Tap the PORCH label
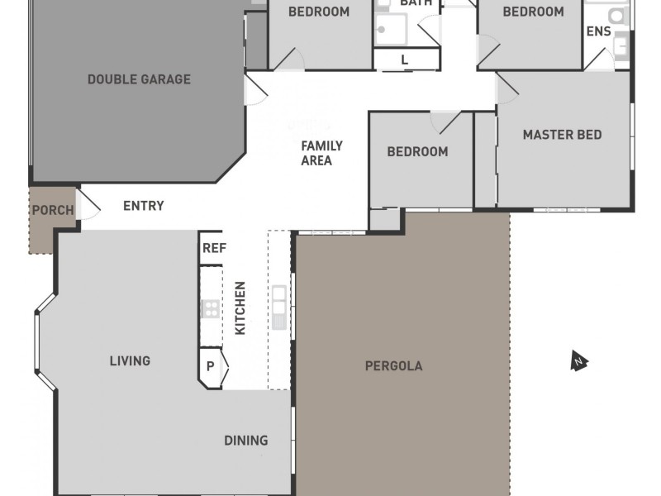53,210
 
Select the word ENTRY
144,206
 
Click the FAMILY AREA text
321,153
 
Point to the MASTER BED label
562,135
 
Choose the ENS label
598,31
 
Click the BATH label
416,4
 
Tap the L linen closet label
404,60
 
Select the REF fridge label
214,248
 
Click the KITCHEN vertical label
240,308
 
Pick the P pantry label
211,365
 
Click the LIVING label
130,360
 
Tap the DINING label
245,440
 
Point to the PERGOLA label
393,365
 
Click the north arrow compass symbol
579,360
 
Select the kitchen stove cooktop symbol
211,309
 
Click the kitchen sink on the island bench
279,295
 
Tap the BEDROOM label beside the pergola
417,151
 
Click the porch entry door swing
89,203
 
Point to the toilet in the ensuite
616,14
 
